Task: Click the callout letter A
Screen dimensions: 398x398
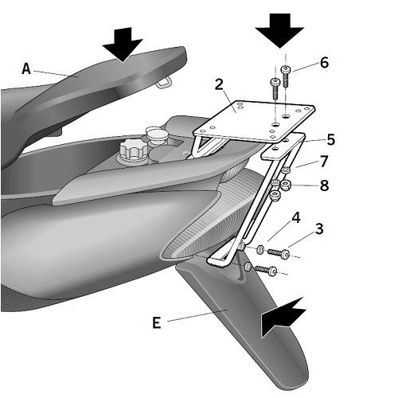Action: coord(26,69)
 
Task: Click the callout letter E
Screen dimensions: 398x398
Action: coord(157,323)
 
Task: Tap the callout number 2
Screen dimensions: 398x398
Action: coord(219,84)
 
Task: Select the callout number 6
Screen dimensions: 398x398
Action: coord(324,63)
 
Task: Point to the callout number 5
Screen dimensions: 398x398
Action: coord(330,139)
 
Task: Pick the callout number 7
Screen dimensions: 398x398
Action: coord(324,162)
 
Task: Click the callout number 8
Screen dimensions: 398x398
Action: coord(324,185)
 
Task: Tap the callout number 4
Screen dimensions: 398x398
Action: coord(296,217)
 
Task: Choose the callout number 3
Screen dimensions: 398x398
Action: coord(319,228)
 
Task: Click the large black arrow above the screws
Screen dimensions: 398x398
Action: coord(280,30)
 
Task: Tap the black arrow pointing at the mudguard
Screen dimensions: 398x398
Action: coord(283,318)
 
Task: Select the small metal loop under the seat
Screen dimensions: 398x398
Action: coord(162,83)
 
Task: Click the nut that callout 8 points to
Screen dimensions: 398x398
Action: coord(286,184)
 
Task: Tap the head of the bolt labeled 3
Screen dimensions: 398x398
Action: coord(286,254)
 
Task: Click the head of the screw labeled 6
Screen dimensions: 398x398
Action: coord(286,68)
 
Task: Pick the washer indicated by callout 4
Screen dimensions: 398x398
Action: coord(260,249)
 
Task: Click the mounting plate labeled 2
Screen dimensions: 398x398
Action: coord(254,121)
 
